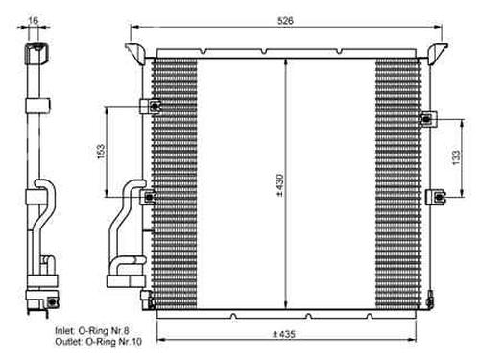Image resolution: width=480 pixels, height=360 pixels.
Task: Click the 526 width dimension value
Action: point(285,21)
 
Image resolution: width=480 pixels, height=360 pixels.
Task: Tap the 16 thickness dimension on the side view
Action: point(33,20)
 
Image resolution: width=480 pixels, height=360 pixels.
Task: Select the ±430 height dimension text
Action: point(279,185)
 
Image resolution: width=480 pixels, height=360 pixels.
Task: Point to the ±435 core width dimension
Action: point(284,334)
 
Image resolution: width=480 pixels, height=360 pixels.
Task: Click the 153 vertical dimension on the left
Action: point(101,152)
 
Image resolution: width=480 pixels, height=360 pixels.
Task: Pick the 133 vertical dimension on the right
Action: point(456,157)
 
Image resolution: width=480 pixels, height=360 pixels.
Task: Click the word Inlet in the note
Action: point(65,330)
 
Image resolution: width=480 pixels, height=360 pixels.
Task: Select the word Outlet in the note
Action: point(68,342)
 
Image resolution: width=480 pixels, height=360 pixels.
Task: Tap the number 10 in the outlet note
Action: point(136,342)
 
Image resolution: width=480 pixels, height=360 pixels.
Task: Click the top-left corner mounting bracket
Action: point(135,53)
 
